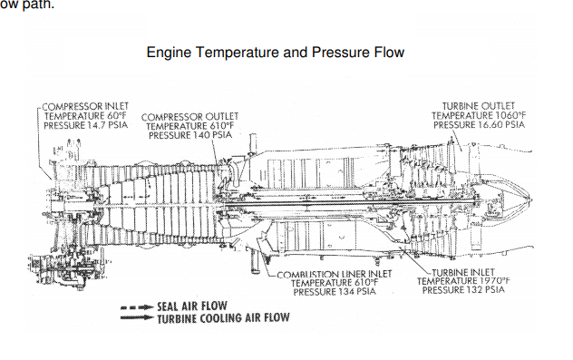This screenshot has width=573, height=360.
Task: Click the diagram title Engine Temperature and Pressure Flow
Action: (x=276, y=53)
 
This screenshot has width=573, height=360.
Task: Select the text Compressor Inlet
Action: (x=85, y=106)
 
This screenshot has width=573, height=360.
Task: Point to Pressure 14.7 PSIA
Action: (x=85, y=125)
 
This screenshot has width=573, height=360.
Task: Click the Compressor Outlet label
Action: (x=189, y=117)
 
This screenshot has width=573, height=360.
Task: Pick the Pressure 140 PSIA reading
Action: (x=190, y=135)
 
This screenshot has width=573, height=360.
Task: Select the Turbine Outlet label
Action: (x=479, y=106)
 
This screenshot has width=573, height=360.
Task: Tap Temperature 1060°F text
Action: (x=479, y=115)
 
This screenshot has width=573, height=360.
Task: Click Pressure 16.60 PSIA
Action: (x=479, y=125)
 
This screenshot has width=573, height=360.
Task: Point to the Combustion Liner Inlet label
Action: (x=335, y=274)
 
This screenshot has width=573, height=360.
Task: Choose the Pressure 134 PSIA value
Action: (x=335, y=292)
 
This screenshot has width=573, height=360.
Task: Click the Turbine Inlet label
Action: (x=463, y=273)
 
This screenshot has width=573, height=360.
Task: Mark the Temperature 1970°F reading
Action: (x=463, y=281)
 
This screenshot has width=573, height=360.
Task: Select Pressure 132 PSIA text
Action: (x=463, y=290)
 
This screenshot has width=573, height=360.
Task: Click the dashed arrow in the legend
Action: (x=137, y=307)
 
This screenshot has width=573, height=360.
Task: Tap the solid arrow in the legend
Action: (x=137, y=317)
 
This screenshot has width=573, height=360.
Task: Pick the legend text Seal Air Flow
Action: (x=192, y=306)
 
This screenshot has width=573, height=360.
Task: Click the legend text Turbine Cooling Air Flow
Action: (x=223, y=318)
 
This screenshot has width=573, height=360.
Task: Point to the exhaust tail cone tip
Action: (x=532, y=199)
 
